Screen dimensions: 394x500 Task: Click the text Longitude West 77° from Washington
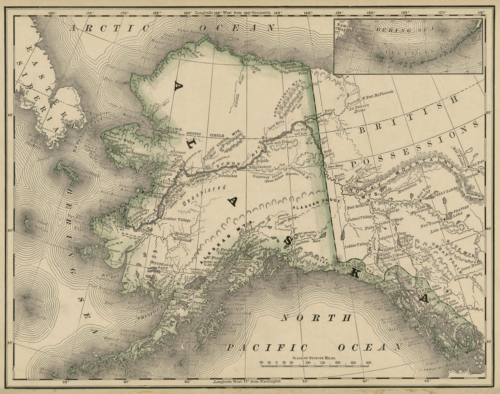point(247,382)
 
